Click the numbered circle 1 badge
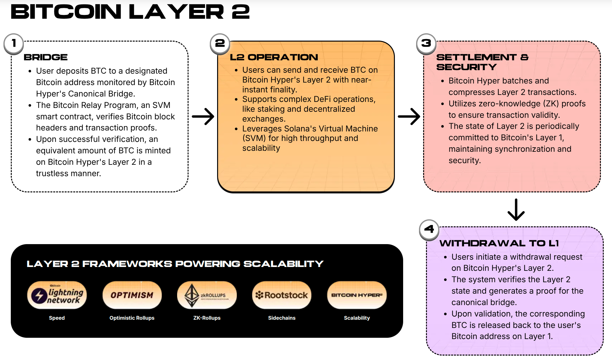14,43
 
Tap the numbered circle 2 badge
220,43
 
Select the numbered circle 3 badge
426,43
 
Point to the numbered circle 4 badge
429,229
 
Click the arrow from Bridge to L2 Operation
203,117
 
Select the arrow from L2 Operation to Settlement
409,117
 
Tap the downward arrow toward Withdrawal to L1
516,210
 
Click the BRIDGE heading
46,57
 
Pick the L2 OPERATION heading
274,57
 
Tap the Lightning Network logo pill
57,295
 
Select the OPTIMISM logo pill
132,295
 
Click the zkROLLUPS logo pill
207,295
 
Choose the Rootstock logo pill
282,295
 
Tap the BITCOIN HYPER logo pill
357,295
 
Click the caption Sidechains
282,318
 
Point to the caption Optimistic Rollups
132,318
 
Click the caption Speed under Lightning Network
57,318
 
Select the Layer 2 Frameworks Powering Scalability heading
175,264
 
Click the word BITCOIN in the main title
66,12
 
